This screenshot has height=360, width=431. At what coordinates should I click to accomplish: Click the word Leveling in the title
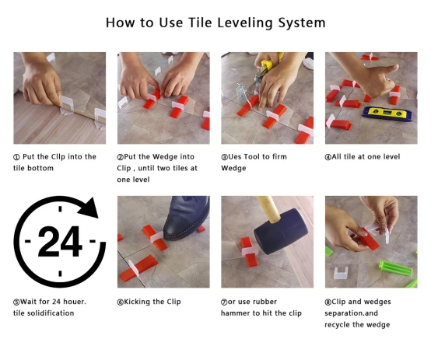244,23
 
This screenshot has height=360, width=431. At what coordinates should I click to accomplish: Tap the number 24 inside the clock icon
60,241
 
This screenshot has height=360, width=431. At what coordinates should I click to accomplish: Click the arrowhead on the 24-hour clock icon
89,208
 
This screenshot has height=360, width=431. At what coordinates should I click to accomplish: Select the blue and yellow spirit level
387,114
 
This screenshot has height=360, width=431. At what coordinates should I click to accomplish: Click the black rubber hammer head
280,231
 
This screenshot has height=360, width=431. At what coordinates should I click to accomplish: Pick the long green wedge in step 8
395,268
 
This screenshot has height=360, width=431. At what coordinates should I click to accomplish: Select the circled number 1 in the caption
16,157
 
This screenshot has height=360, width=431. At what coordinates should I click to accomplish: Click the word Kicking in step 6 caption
137,302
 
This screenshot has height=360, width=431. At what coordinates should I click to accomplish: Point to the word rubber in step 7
265,302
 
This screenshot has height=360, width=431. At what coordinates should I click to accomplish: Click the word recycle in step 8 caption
338,325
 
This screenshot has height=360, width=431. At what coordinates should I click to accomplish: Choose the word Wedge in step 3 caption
233,168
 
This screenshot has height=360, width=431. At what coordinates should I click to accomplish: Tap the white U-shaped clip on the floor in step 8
341,273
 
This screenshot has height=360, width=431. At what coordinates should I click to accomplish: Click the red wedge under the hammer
249,251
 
